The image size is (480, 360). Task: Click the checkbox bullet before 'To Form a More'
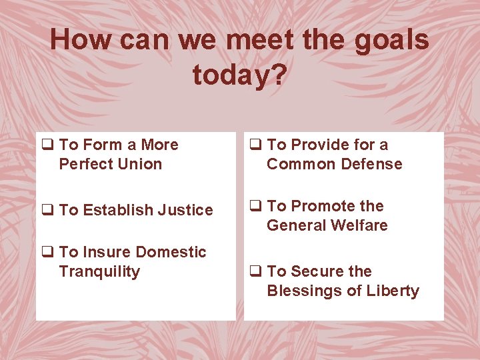point(47,145)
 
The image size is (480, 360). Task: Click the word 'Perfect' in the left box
point(83,165)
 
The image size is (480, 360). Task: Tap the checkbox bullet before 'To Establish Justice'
point(47,211)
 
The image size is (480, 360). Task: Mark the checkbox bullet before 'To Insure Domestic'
point(47,253)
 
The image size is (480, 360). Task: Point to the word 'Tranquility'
point(99,272)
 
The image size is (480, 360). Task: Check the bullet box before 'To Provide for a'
point(255,145)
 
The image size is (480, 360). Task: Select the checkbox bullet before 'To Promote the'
point(255,207)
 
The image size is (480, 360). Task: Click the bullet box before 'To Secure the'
point(255,272)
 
